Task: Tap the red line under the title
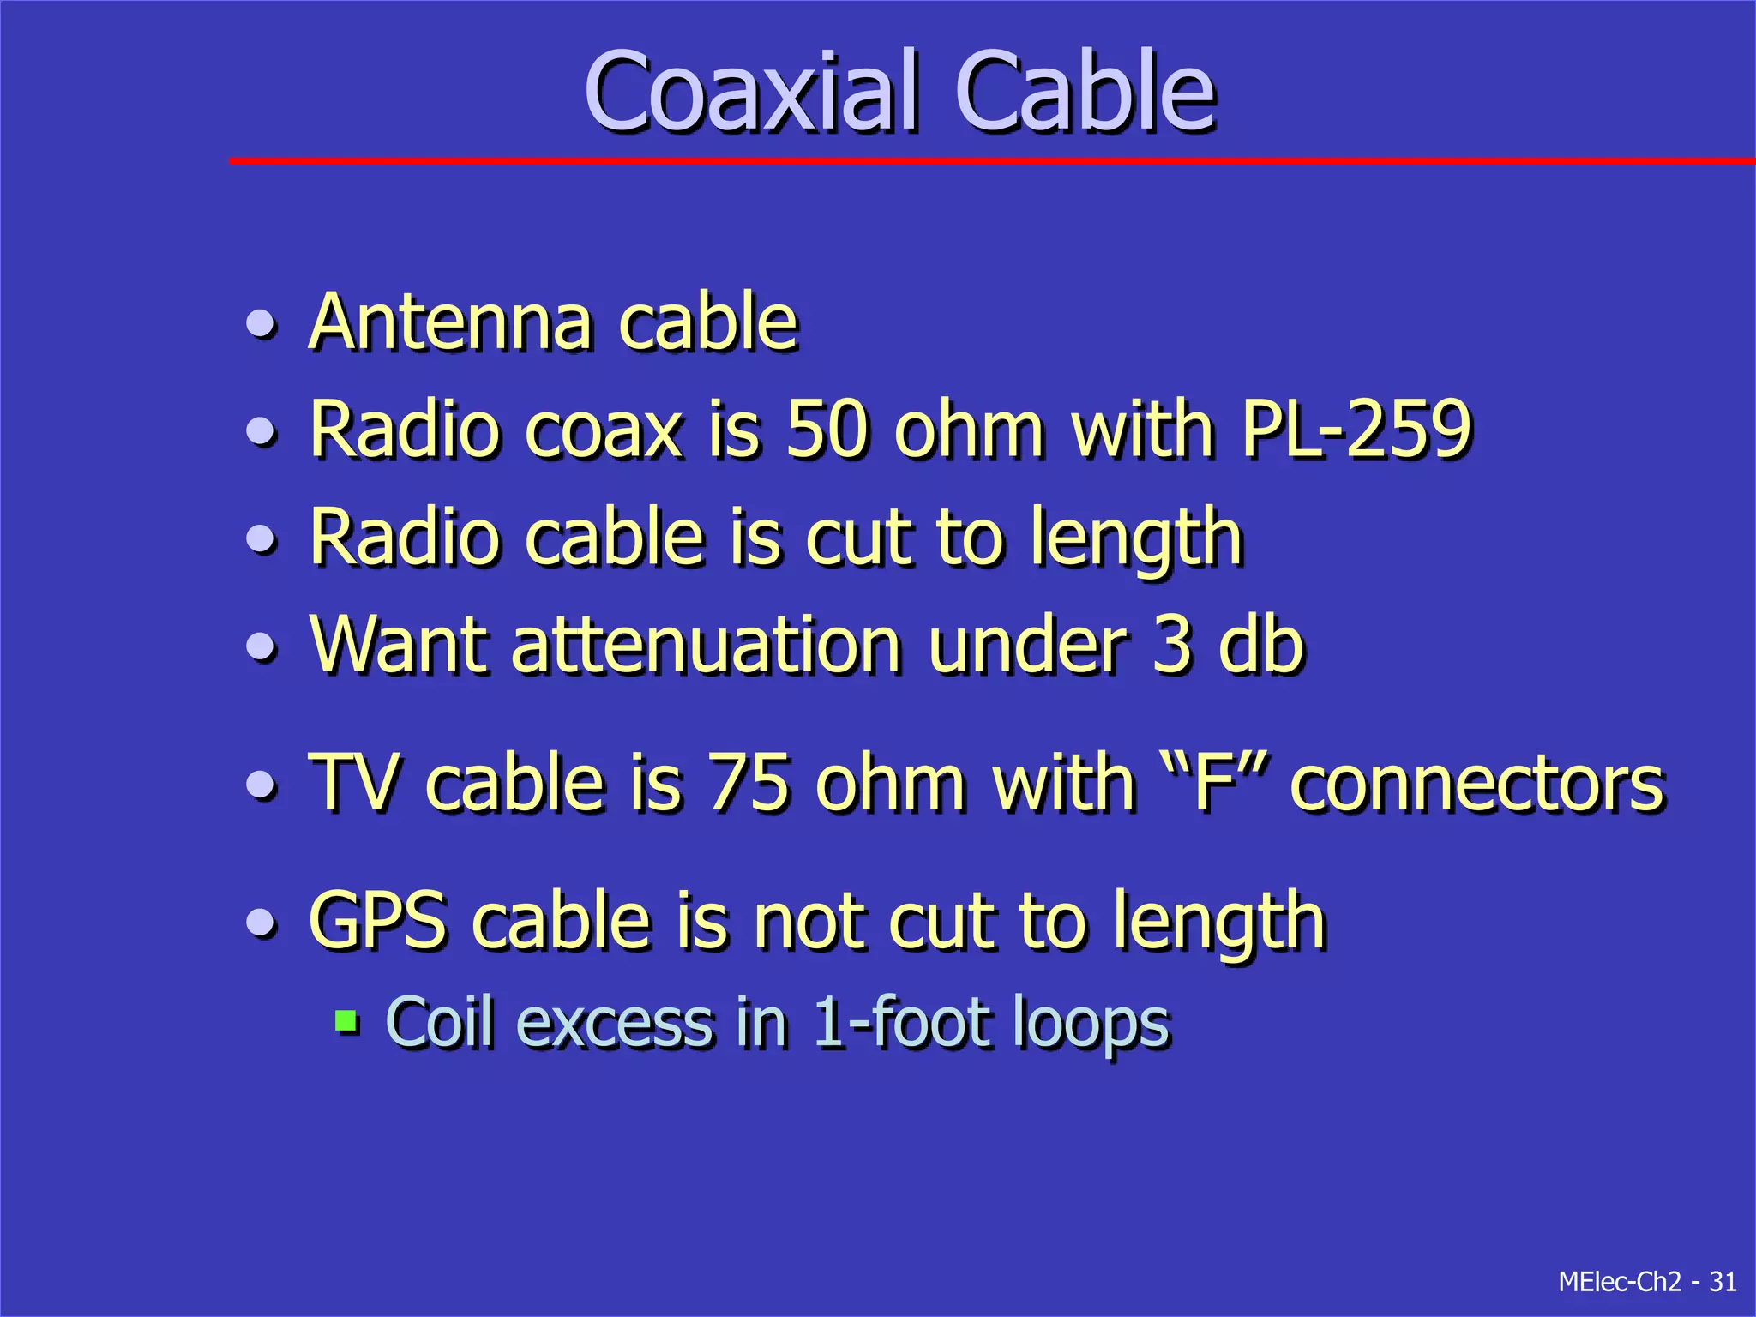(986, 160)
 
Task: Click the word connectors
(1476, 784)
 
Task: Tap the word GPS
(377, 921)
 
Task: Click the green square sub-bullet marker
(346, 1021)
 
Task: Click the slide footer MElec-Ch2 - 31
(1647, 1282)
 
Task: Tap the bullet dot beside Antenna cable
(261, 324)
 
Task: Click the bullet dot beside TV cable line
(261, 784)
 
